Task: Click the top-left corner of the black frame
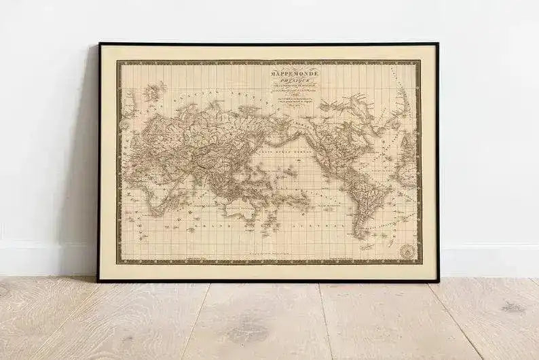[100, 44]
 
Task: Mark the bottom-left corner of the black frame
[100, 280]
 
